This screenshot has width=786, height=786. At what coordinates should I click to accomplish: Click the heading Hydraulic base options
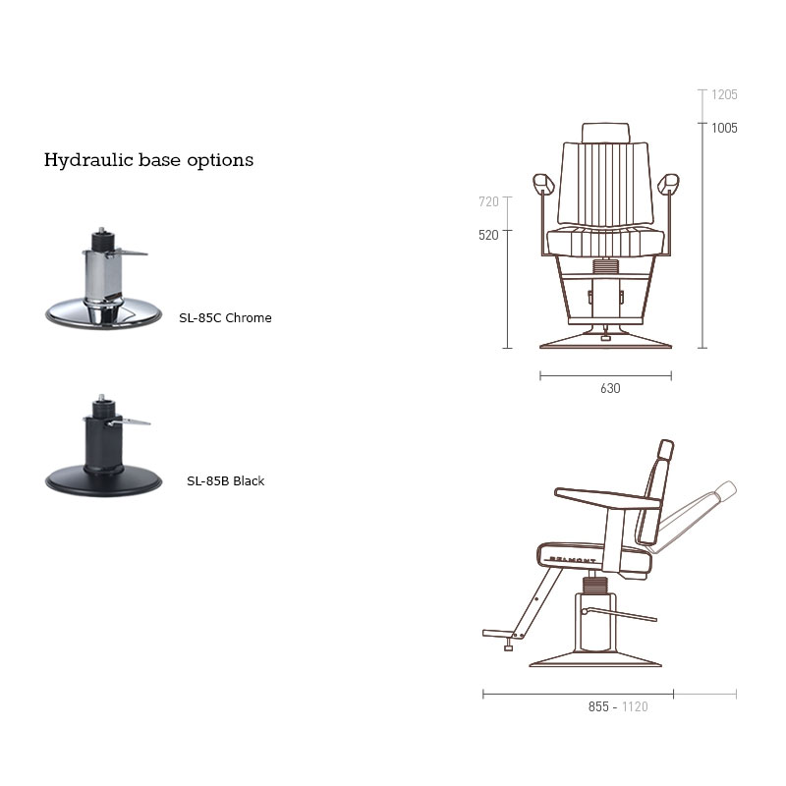coord(149,160)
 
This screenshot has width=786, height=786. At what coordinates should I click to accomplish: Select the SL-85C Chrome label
coord(225,317)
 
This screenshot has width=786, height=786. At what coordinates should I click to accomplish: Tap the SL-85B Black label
coord(226,481)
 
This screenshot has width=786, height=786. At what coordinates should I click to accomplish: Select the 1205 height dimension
coord(724,94)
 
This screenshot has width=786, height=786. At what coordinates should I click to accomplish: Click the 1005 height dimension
coord(724,129)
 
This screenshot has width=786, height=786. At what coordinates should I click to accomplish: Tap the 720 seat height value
coord(488,202)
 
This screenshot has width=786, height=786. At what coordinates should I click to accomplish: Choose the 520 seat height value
coord(488,235)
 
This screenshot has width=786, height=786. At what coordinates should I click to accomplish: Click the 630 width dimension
coord(610,388)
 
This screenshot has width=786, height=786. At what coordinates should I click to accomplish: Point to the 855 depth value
coord(598,706)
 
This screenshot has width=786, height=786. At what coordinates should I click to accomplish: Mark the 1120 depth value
coord(635,706)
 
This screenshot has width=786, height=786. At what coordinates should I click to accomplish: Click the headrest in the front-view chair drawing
coord(605,133)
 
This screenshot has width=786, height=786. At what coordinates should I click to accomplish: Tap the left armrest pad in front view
coord(543,184)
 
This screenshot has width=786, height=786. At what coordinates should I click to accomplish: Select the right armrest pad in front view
coord(668,184)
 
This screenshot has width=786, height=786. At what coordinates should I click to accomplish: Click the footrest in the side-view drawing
coord(498,634)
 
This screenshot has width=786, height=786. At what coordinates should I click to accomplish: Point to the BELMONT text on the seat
coord(573,559)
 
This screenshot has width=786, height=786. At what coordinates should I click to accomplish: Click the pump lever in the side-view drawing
coord(620,615)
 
